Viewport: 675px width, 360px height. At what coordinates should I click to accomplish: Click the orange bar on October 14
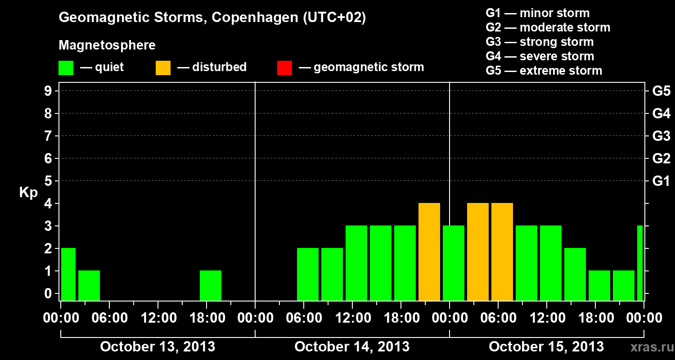429,252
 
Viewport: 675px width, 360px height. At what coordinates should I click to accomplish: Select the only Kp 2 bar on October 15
575,274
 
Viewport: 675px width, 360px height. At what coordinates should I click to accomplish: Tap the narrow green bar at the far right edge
640,263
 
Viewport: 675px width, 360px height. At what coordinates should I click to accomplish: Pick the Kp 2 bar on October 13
68,274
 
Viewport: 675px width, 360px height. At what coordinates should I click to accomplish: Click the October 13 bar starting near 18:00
211,286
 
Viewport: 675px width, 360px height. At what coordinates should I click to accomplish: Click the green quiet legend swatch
66,68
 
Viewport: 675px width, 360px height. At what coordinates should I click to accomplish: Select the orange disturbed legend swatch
163,68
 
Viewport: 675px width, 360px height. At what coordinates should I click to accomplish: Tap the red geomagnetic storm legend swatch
284,68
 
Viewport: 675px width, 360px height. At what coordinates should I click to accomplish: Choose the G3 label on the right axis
661,136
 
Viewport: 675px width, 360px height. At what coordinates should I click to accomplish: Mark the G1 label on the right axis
661,181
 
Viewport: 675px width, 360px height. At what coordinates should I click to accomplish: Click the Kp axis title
28,193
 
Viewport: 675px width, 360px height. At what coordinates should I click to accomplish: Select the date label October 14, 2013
352,346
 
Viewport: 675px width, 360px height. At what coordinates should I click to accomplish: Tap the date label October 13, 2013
157,346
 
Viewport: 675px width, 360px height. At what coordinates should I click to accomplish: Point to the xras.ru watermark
649,347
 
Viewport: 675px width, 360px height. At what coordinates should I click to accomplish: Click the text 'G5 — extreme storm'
544,71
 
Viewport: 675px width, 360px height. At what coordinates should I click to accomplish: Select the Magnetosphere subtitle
107,45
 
